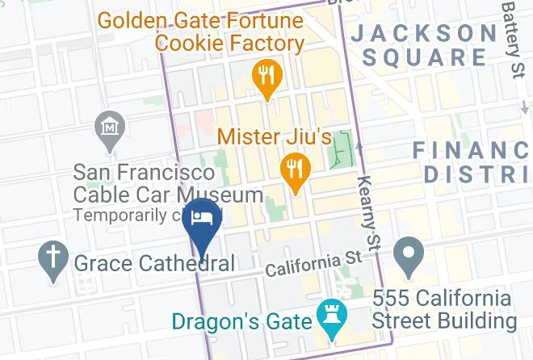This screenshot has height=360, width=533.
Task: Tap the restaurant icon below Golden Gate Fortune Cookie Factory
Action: pyautogui.click(x=266, y=77)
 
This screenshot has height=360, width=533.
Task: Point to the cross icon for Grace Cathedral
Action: pyautogui.click(x=53, y=260)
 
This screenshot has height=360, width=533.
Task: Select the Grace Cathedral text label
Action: pyautogui.click(x=154, y=263)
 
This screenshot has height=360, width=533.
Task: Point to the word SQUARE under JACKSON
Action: pyautogui.click(x=425, y=58)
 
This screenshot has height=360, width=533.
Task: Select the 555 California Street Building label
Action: pyautogui.click(x=444, y=310)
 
